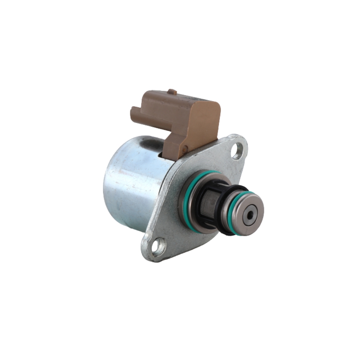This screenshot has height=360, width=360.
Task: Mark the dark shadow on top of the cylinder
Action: tap(151, 144)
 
